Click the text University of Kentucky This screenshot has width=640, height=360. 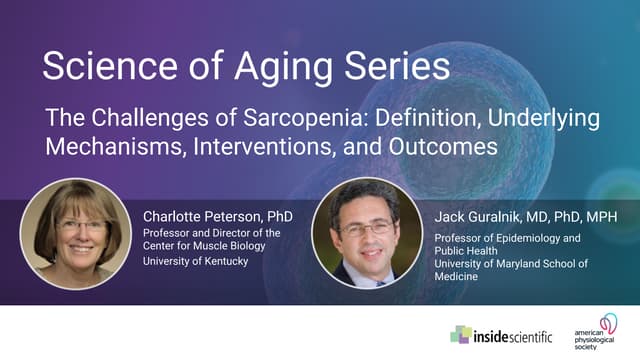click(x=195, y=263)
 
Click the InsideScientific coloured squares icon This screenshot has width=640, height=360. click(x=462, y=334)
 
